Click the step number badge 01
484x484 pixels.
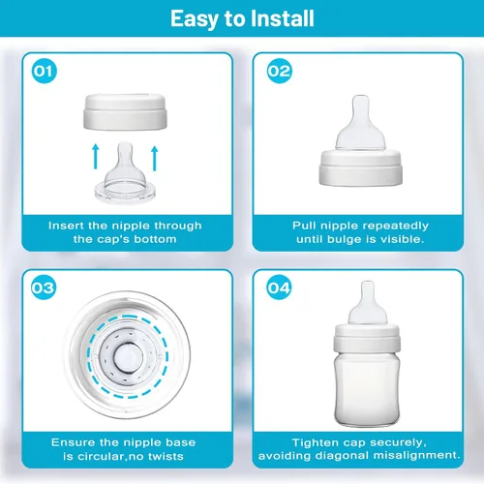coord(45,71)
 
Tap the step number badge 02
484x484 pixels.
coord(280,71)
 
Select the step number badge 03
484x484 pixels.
coord(44,287)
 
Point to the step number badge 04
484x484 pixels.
coord(279,287)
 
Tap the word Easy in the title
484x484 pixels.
coord(195,19)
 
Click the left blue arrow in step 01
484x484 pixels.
coord(96,157)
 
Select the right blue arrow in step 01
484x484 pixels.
coord(155,158)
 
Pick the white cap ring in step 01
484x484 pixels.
coord(126,112)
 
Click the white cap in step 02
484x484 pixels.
coord(361,167)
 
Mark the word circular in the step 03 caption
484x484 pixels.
coord(100,456)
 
